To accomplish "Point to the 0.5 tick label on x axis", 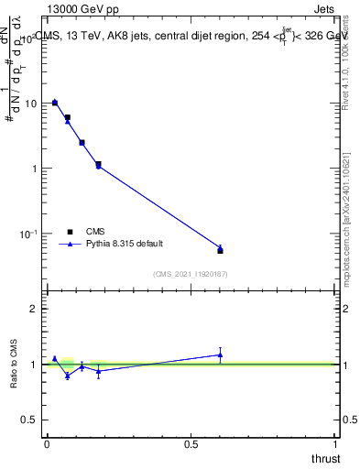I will (191, 444).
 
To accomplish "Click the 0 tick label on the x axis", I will (47, 444).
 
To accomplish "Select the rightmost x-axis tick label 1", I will (336, 444).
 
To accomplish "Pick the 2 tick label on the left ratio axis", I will (34, 309).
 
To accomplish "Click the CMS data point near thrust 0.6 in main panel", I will (220, 250).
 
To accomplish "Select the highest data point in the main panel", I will (55, 103).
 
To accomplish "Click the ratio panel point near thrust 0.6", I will (220, 354).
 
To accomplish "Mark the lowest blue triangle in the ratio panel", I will (68, 376).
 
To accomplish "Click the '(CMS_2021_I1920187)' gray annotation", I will (191, 273).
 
